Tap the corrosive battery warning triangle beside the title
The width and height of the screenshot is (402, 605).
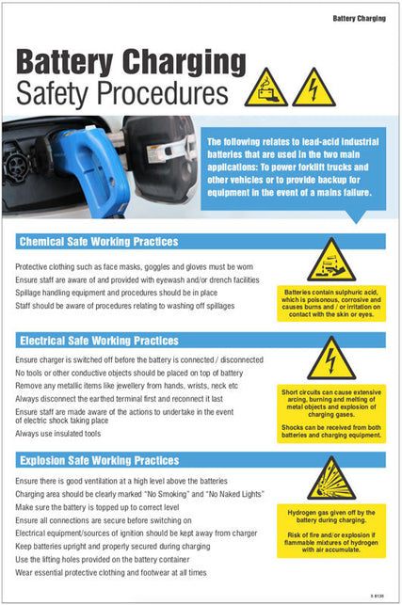(266, 88)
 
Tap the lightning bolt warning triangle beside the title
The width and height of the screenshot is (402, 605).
(314, 88)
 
